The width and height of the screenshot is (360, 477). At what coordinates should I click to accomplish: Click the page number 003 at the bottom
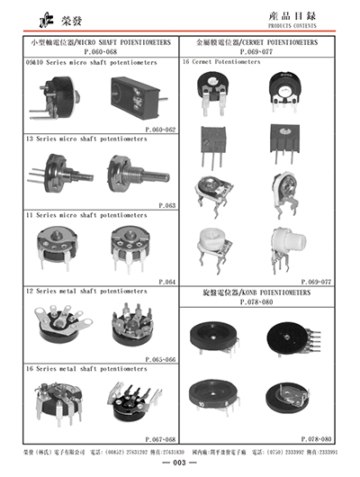click(x=179, y=462)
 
